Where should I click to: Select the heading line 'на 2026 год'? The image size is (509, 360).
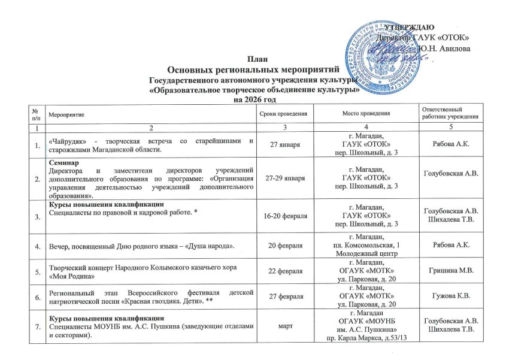click(x=254, y=99)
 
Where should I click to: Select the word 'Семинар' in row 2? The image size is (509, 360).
click(x=62, y=162)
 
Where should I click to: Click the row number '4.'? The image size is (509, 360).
click(x=38, y=246)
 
